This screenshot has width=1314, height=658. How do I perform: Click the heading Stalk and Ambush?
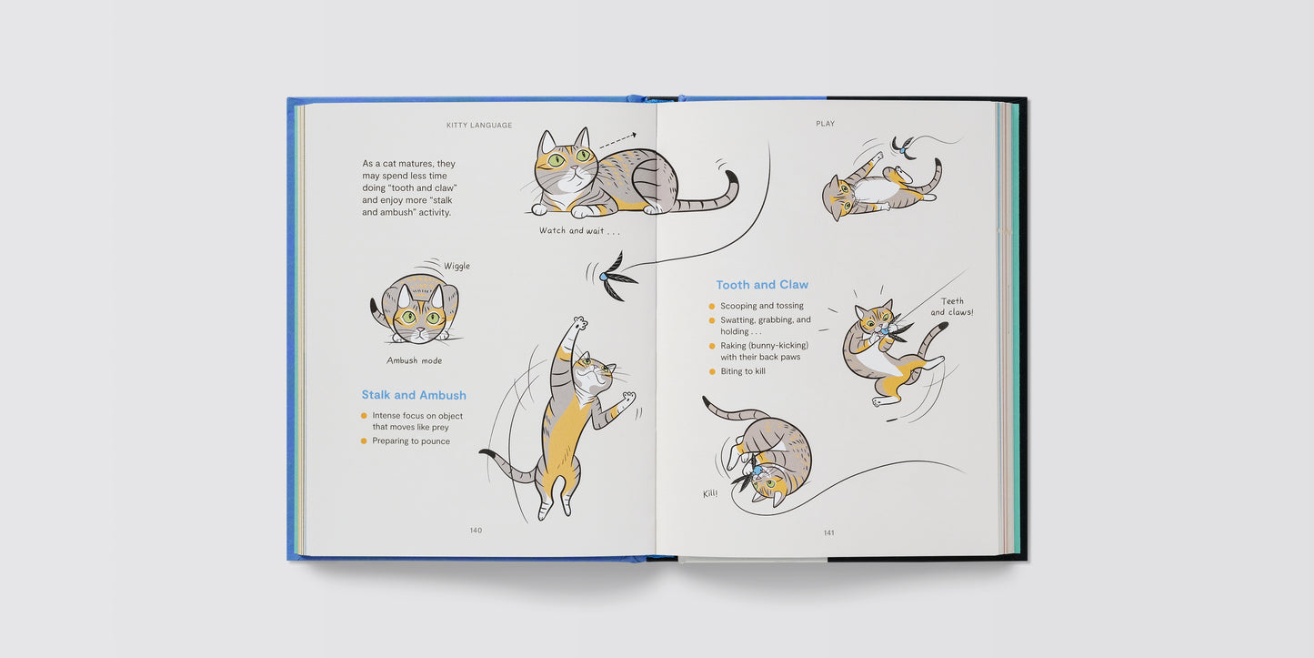414,395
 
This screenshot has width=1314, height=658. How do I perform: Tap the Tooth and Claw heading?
762,285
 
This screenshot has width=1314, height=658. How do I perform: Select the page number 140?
476,531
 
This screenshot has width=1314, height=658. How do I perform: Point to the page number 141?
829,533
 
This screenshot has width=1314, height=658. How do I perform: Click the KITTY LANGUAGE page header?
479,125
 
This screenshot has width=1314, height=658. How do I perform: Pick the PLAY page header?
826,124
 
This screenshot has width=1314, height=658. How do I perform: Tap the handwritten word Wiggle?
456,266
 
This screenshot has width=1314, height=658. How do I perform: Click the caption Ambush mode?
414,360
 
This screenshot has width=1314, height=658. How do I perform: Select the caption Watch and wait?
579,230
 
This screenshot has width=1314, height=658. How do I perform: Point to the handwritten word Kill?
710,493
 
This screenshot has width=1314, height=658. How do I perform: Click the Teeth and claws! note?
951,307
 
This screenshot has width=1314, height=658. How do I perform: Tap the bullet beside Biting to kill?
712,371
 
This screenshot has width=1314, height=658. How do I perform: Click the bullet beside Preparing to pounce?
364,440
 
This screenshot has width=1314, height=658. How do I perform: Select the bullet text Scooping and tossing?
762,306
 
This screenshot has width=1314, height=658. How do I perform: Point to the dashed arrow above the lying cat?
617,141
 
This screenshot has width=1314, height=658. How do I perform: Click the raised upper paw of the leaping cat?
580,323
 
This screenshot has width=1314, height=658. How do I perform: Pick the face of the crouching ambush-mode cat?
420,320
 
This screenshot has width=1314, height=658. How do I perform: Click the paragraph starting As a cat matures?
409,187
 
